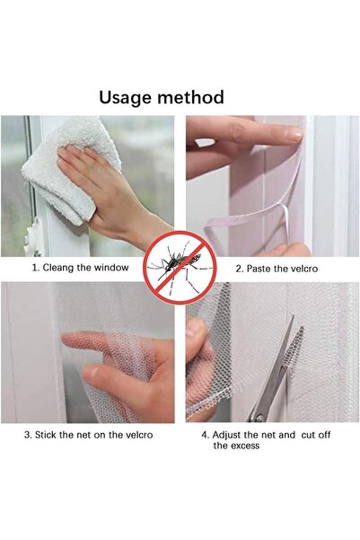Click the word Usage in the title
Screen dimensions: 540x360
[128, 97]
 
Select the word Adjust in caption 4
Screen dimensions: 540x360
[230, 435]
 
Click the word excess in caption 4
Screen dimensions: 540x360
[242, 446]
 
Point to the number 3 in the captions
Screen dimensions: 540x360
[27, 435]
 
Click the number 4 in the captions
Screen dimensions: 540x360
[204, 435]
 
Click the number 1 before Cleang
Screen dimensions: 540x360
[34, 268]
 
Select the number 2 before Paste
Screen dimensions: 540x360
[238, 269]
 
